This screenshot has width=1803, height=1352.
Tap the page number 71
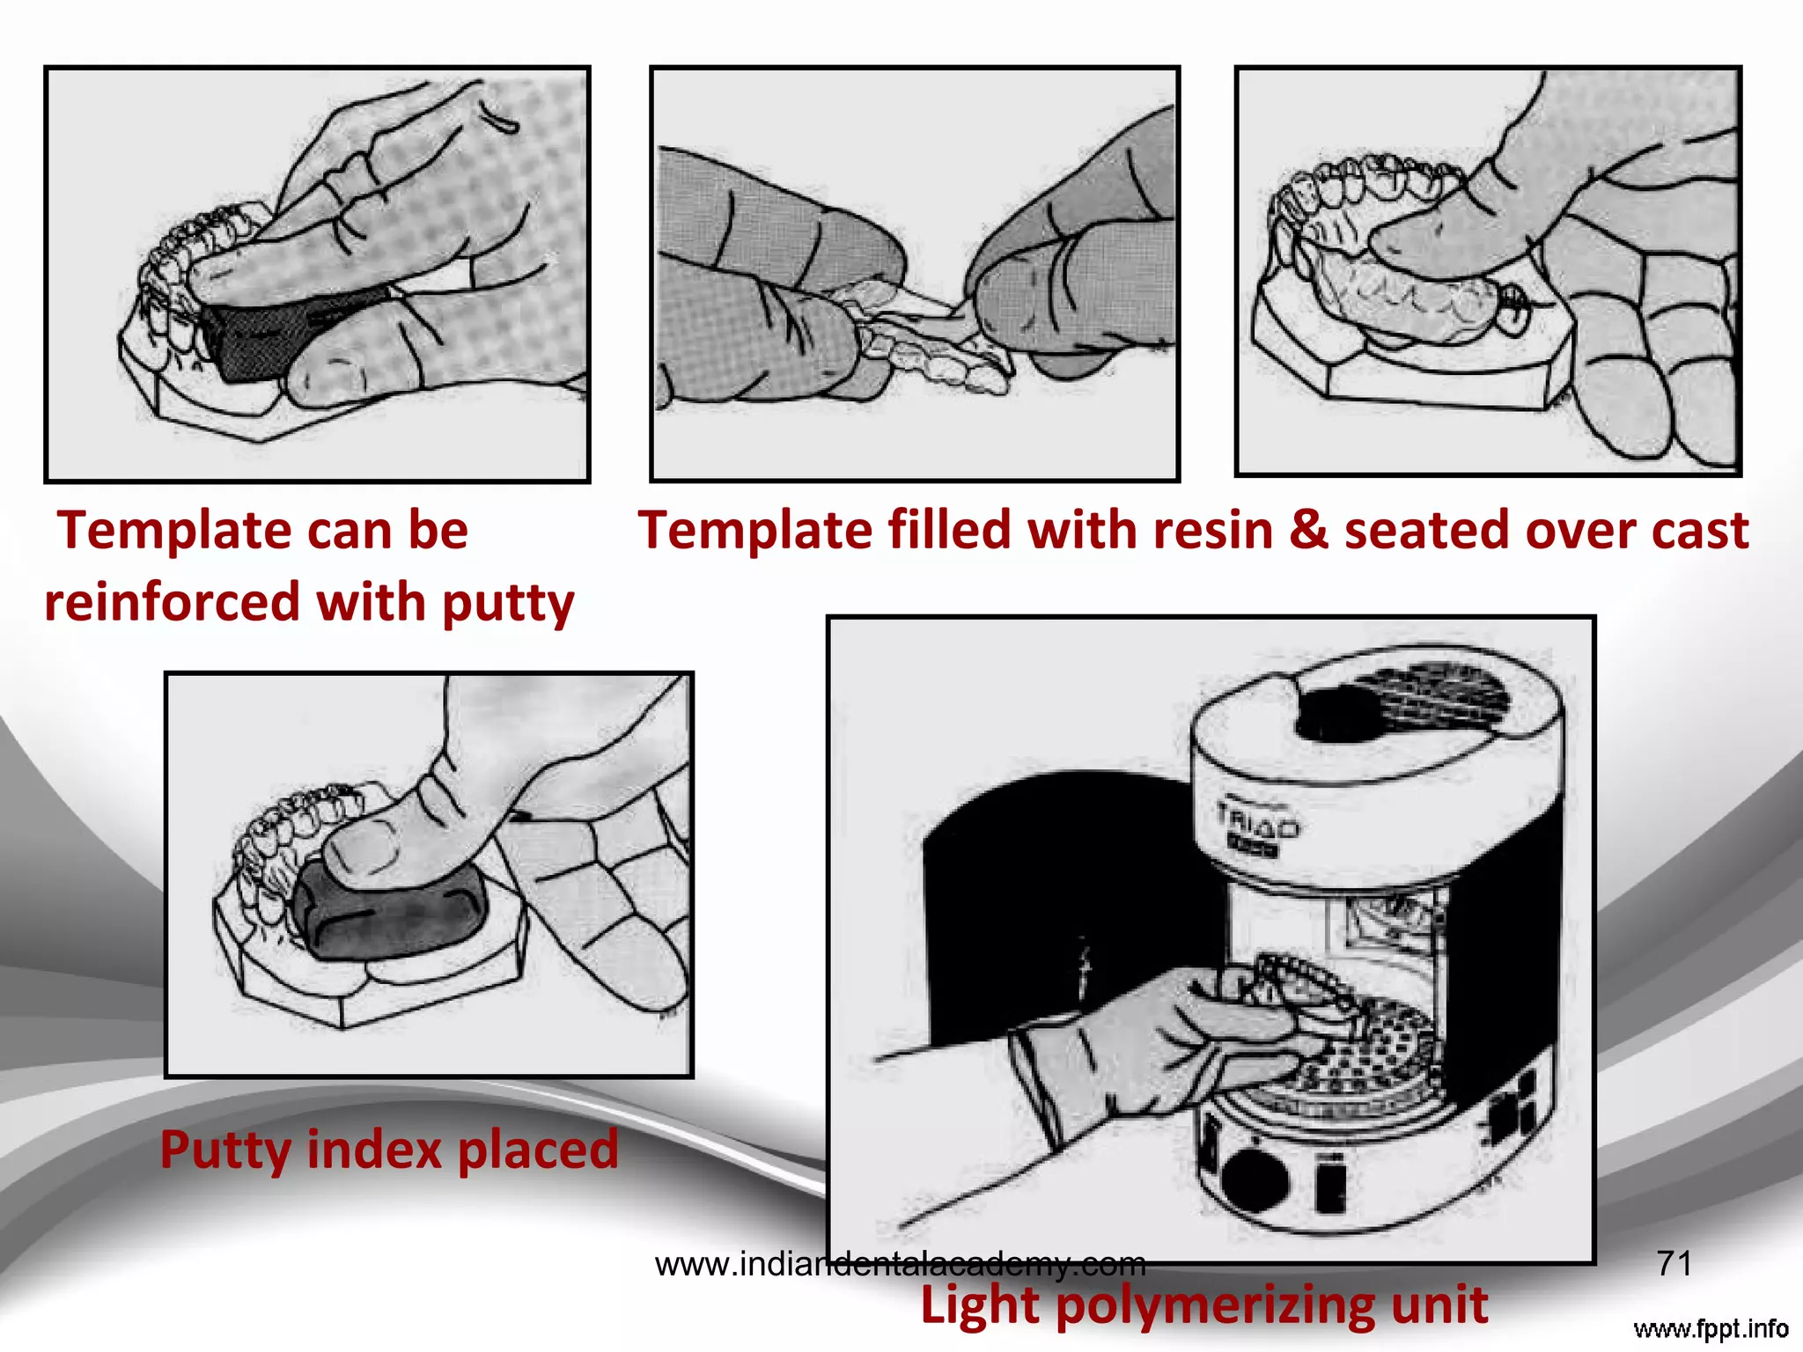pyautogui.click(x=1674, y=1264)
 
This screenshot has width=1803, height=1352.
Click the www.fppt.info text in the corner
pyautogui.click(x=1711, y=1328)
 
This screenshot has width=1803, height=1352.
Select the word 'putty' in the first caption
pyautogui.click(x=508, y=604)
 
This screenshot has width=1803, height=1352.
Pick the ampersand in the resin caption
pyautogui.click(x=1308, y=531)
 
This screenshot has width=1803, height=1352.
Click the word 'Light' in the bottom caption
pyautogui.click(x=979, y=1304)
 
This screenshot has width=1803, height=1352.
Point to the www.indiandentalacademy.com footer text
pyautogui.click(x=900, y=1265)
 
